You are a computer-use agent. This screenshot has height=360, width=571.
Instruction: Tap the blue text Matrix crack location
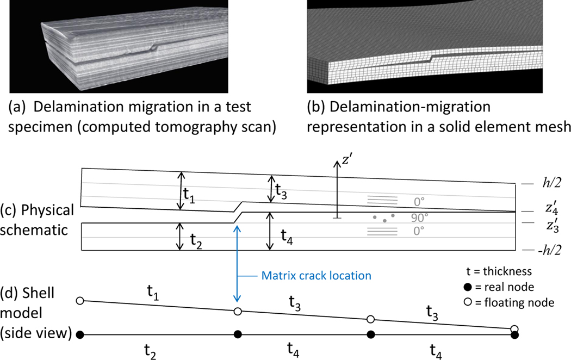(x=316, y=276)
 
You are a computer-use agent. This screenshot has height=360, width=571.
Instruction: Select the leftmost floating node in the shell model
(x=80, y=300)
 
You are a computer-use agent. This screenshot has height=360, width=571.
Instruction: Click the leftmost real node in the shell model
(x=80, y=334)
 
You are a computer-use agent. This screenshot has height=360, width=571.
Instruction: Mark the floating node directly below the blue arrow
(x=237, y=311)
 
